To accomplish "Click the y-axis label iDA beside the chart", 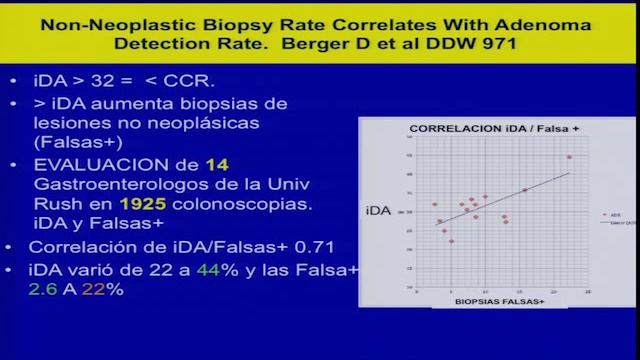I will [381, 211].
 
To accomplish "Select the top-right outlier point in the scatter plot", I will [569, 157].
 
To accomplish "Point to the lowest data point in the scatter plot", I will [451, 241].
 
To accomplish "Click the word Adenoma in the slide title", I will [549, 23].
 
